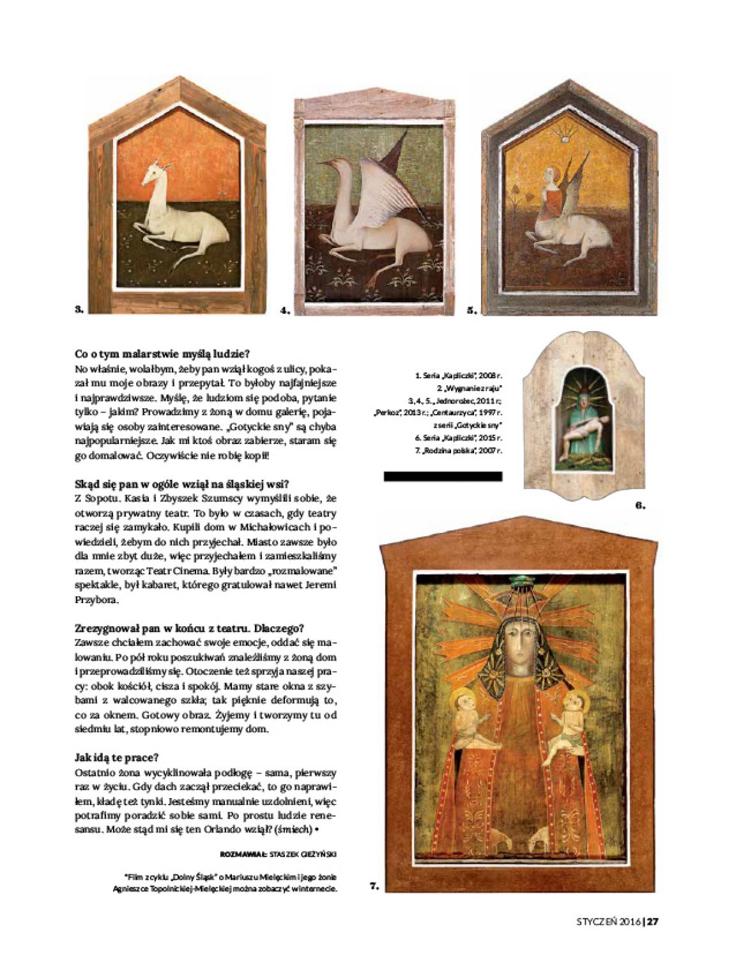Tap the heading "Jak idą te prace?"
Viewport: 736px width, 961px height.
coord(116,758)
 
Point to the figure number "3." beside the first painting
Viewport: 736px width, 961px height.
coord(79,310)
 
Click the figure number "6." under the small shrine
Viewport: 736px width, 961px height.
coord(640,505)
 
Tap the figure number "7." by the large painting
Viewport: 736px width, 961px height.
coord(374,886)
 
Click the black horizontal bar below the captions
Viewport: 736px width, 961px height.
coord(442,476)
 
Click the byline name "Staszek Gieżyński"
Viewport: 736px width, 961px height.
coord(303,853)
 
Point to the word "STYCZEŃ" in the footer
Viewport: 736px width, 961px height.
coord(598,921)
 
